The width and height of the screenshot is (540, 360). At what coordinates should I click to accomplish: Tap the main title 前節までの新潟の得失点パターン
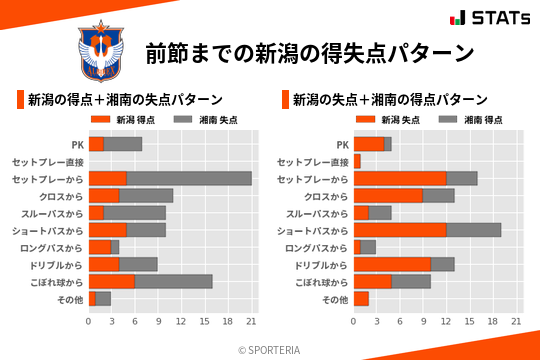pos(308,51)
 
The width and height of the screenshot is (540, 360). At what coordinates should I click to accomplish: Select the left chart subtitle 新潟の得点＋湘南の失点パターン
pos(125,100)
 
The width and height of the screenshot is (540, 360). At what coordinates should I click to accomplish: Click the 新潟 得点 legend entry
pos(118,120)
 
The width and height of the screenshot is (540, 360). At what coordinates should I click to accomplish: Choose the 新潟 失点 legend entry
pos(383,120)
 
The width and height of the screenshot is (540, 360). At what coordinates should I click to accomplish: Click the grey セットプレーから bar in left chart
pos(189,178)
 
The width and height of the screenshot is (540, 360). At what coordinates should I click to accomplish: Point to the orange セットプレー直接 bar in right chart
pos(357,161)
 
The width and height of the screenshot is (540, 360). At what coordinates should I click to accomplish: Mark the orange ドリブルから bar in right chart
pos(392,264)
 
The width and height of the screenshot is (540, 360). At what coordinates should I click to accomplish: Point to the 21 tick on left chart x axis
pos(251,322)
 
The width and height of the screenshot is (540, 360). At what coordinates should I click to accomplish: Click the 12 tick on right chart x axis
pos(447,322)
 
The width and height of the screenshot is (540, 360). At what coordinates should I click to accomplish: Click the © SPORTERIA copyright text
pos(270,349)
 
